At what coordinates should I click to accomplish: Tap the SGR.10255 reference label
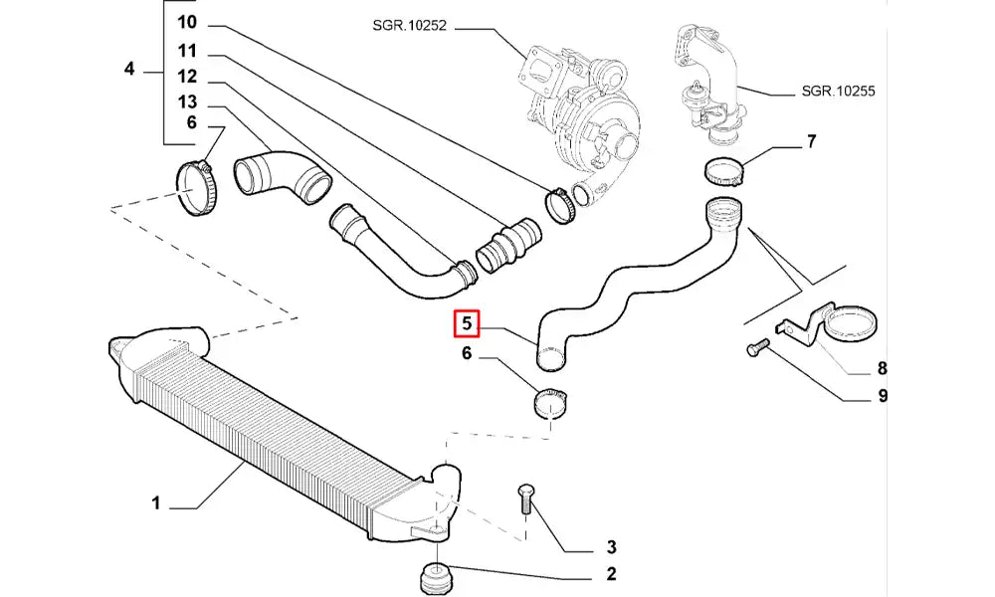pos(838,91)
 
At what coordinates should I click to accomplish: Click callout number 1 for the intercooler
pos(156,504)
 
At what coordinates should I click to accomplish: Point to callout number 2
pos(610,574)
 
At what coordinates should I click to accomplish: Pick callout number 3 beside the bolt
pos(611,547)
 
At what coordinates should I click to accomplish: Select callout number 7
pos(811,141)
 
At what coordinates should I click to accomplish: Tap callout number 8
pos(882,369)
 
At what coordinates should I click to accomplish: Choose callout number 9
pos(882,397)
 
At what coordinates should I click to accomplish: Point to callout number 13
pos(188,102)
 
